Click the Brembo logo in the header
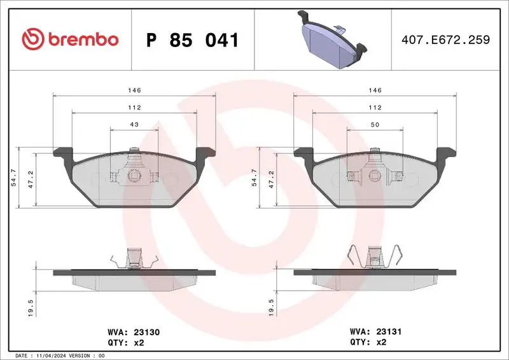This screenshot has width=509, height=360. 70,39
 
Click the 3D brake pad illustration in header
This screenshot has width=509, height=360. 331,39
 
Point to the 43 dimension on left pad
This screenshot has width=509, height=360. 134,124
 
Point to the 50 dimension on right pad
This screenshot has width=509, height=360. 375,124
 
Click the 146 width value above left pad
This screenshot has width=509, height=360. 134,91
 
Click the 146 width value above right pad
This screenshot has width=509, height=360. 375,91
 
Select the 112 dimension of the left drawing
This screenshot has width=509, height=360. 134,107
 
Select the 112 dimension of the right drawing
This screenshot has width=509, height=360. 375,107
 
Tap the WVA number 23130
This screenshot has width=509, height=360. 150,331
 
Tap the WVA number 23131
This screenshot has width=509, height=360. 389,331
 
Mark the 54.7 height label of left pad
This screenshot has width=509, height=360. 14,177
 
